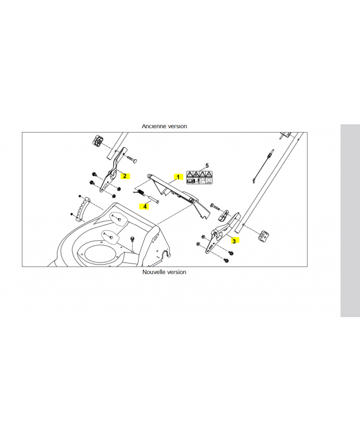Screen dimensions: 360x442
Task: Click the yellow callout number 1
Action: click(x=178, y=177)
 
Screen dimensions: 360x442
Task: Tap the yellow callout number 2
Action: click(x=125, y=176)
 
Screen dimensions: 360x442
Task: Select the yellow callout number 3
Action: click(x=234, y=241)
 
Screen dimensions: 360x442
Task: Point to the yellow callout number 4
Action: click(x=145, y=206)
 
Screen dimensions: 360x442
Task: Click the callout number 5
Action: click(x=207, y=166)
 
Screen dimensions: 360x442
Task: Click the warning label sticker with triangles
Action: click(x=199, y=177)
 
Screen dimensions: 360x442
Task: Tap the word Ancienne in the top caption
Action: click(x=152, y=127)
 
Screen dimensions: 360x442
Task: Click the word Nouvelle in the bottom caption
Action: click(x=152, y=272)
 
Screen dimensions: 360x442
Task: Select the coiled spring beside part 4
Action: click(x=139, y=192)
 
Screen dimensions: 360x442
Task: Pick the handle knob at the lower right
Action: click(x=263, y=235)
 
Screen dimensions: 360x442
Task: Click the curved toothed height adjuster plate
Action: click(x=82, y=208)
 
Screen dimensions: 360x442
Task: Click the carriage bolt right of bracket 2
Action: click(x=130, y=159)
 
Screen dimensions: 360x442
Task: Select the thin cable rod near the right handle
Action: click(x=263, y=166)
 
